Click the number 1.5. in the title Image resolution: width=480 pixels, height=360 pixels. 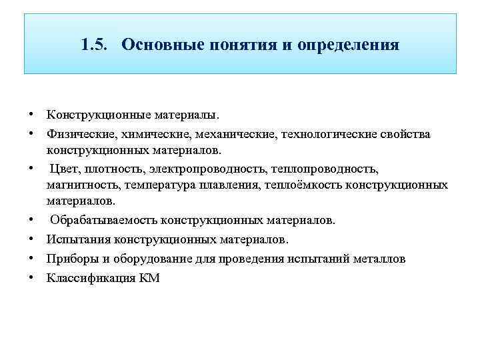tap(93, 45)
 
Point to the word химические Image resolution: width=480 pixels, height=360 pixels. tap(148, 135)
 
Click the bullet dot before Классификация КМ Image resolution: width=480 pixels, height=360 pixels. tap(31, 278)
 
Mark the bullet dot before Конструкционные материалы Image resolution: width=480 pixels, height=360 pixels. tap(31, 115)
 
